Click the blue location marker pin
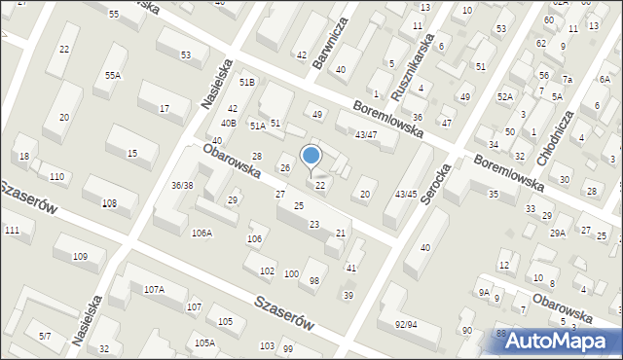click(311, 157)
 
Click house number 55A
click(114, 75)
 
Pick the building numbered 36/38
click(182, 185)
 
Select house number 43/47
click(366, 134)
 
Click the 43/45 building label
click(406, 195)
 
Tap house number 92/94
click(406, 324)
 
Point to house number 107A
click(154, 289)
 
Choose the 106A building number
click(202, 232)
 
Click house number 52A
click(504, 96)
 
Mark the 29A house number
click(557, 233)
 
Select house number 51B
click(247, 83)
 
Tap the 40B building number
click(228, 123)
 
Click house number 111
click(12, 229)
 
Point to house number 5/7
click(45, 336)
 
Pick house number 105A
click(204, 342)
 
